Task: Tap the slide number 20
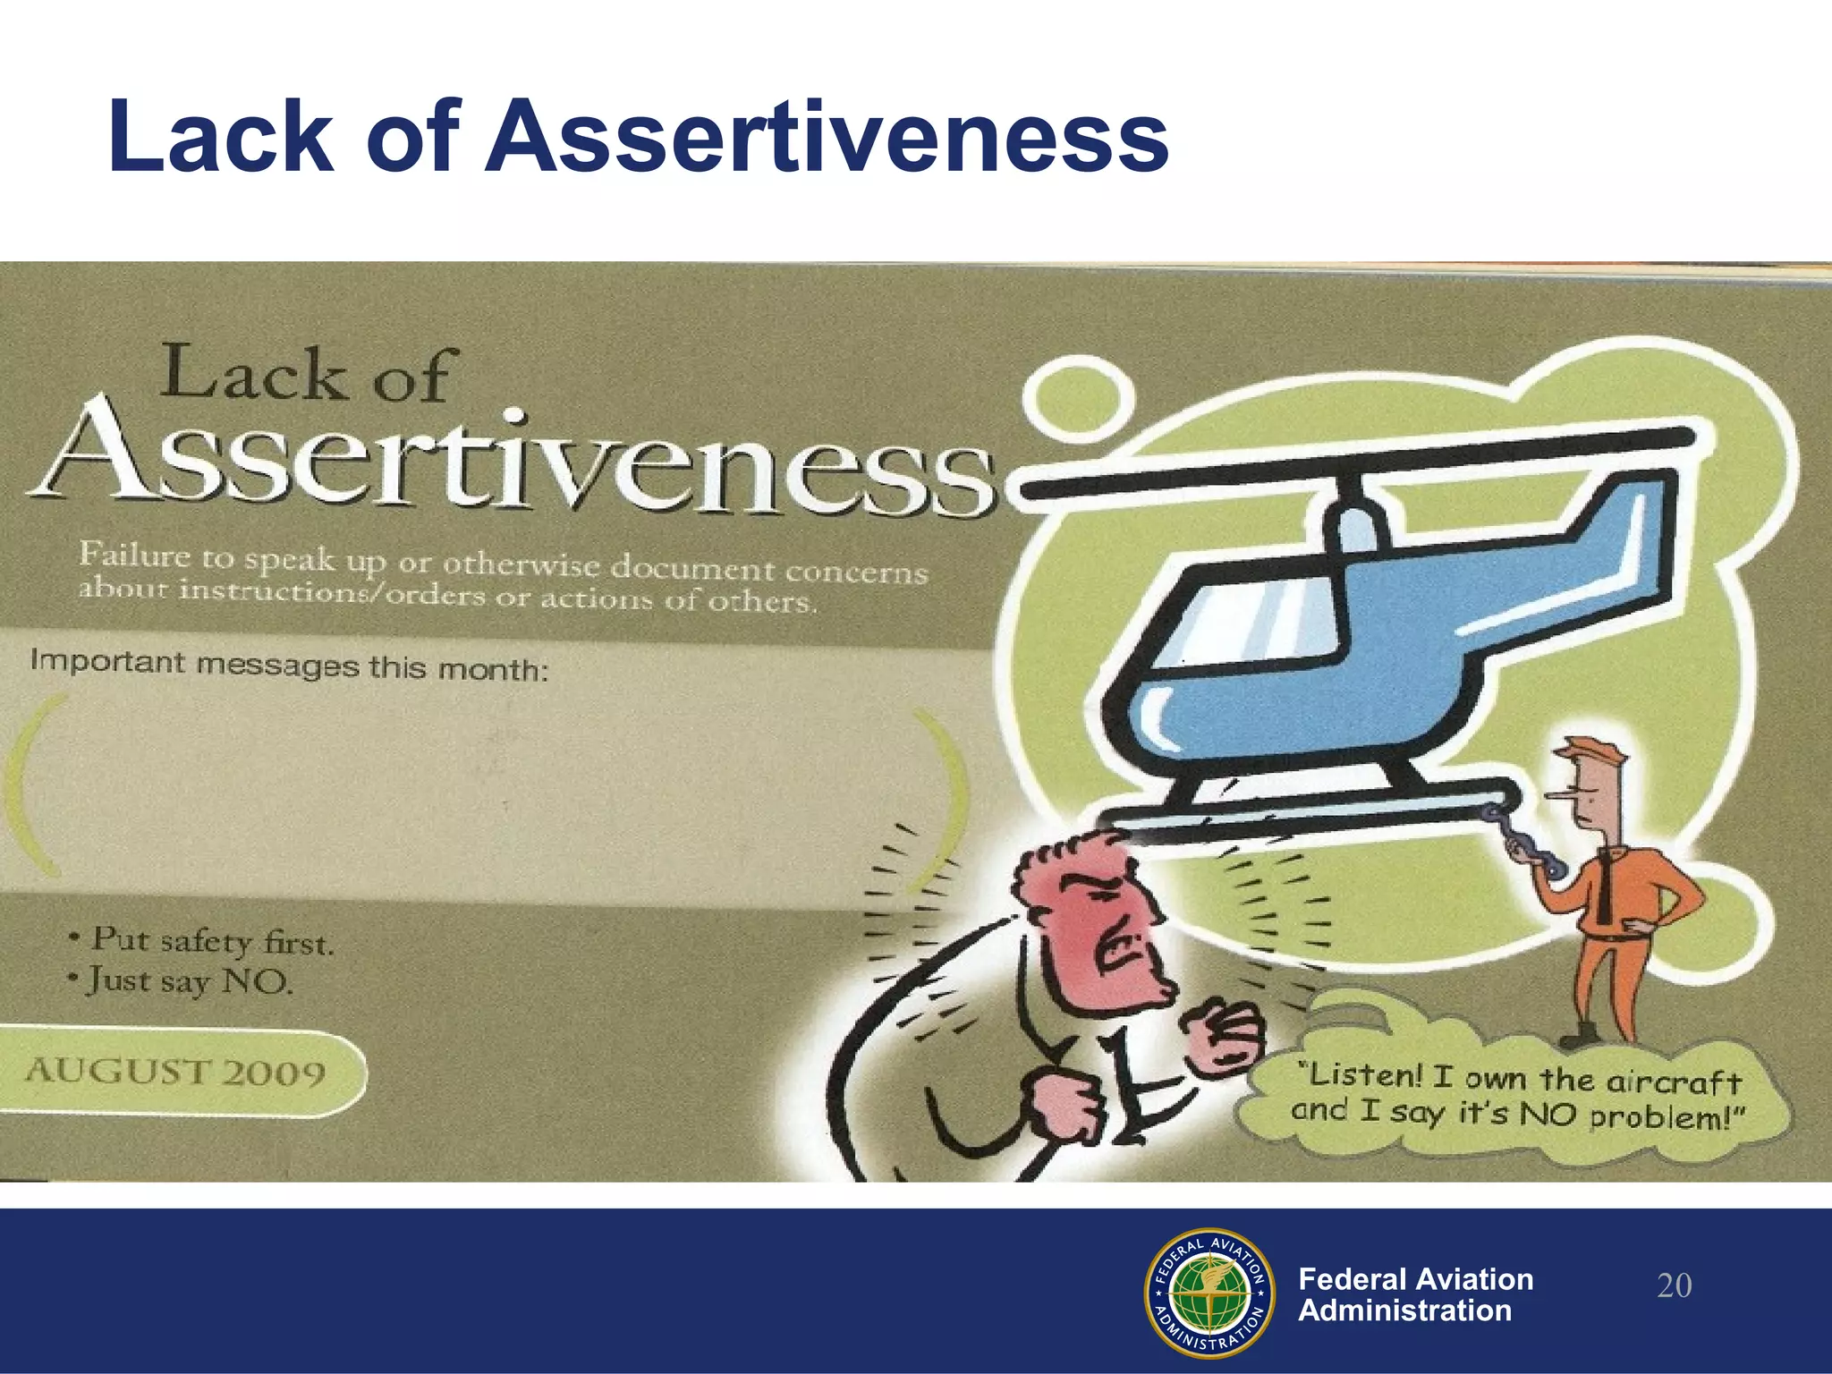coord(1674,1286)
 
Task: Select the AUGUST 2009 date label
coord(175,1071)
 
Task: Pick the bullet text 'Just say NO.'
coord(190,982)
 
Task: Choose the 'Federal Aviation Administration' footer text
coord(1415,1294)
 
